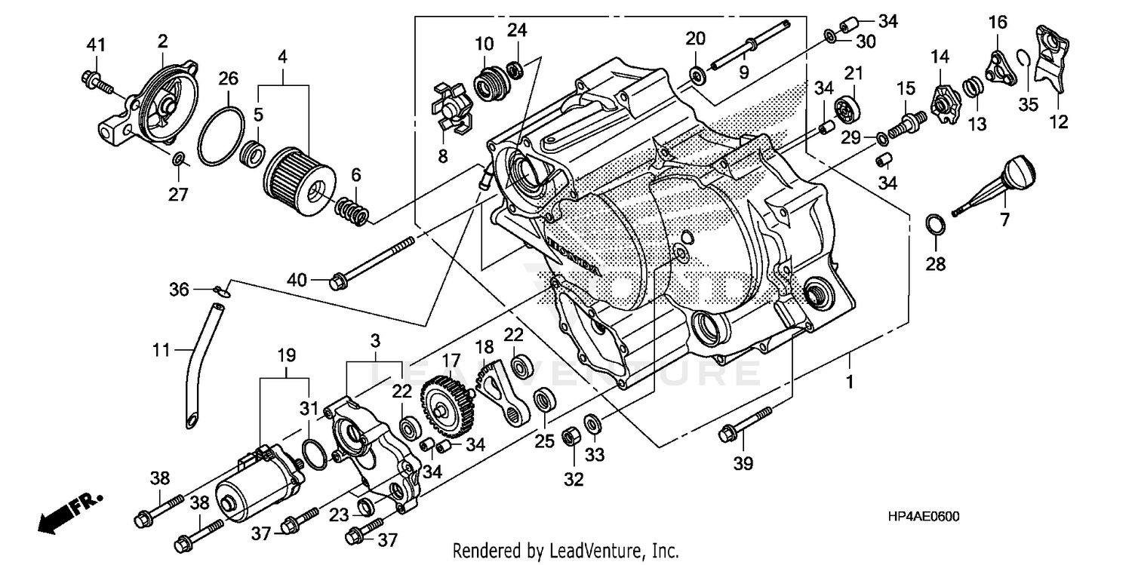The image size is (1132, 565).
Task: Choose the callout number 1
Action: click(x=849, y=382)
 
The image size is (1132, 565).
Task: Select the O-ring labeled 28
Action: click(x=934, y=224)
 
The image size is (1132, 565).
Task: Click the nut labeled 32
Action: click(x=571, y=437)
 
